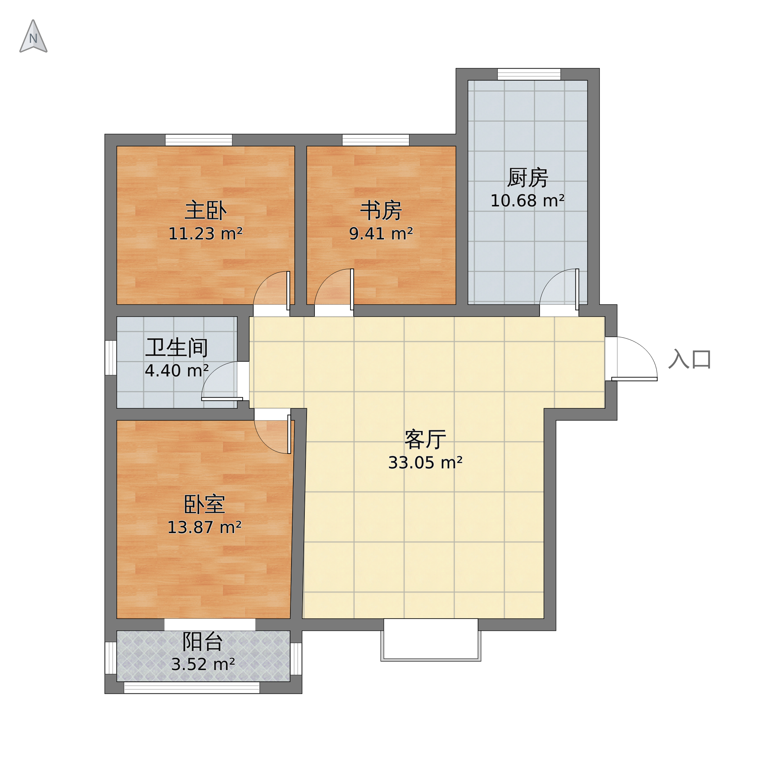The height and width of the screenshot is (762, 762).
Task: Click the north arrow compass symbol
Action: tap(33, 36)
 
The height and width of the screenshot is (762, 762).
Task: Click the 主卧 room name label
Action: tap(206, 211)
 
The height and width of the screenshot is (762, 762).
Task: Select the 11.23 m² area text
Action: tap(206, 234)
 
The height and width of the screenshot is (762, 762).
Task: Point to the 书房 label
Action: tap(381, 211)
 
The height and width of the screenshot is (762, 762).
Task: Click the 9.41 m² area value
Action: tap(381, 234)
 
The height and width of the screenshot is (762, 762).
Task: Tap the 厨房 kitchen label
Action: tap(528, 178)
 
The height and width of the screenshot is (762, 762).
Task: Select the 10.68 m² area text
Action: tap(528, 201)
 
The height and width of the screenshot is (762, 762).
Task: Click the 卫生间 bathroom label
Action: tap(177, 348)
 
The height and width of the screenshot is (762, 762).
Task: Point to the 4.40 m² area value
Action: tap(177, 371)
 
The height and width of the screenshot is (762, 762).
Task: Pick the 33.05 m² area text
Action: tap(425, 463)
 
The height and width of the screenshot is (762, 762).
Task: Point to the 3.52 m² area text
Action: tap(203, 665)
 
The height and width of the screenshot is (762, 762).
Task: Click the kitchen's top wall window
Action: tap(529, 74)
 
